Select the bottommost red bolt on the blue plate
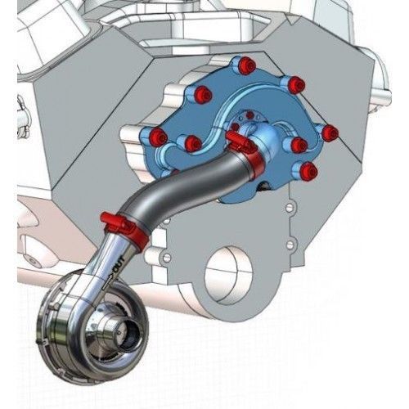[308, 172]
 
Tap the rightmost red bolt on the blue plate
[330, 133]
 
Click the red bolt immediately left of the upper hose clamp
[193, 144]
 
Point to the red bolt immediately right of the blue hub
[299, 145]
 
